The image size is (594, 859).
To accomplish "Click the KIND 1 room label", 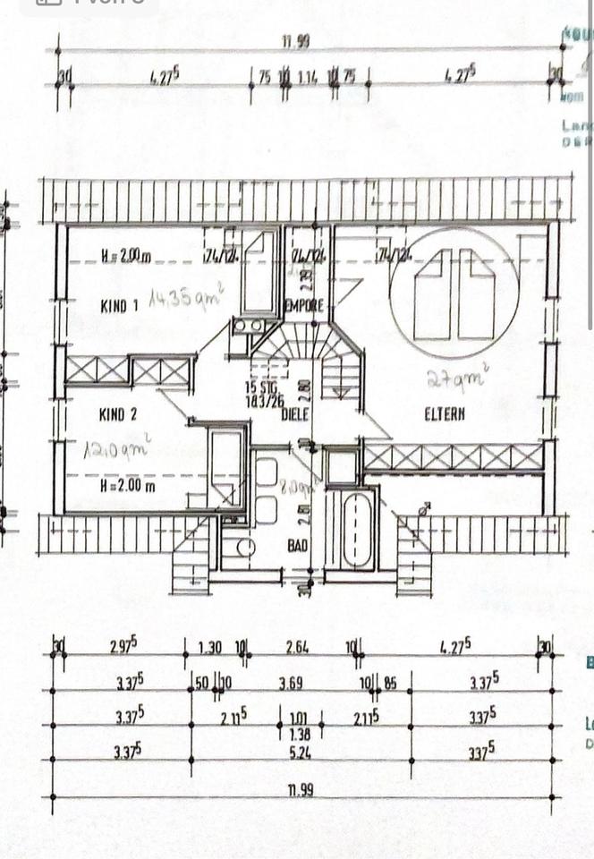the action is (119, 306).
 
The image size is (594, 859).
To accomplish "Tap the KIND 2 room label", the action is (119, 414).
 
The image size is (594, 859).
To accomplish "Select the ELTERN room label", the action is (445, 414).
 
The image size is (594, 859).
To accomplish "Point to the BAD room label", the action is (298, 544).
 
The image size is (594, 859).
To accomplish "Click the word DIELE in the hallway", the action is (296, 414).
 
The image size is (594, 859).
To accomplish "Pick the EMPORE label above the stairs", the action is (304, 306).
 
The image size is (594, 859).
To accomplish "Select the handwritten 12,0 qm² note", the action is (117, 446).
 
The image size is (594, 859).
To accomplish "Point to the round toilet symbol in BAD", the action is (244, 547).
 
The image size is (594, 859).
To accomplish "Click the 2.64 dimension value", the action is (298, 647).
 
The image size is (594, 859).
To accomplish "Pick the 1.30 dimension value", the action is (211, 647).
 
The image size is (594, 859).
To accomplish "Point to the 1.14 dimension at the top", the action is (307, 77).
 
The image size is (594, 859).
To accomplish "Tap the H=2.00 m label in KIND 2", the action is (128, 486).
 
